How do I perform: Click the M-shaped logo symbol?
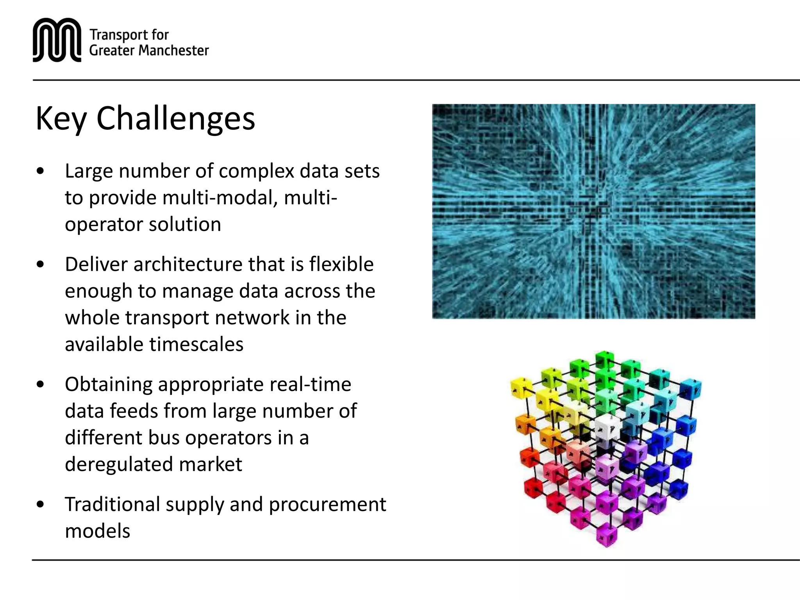(x=57, y=40)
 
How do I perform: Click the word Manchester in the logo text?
(x=173, y=50)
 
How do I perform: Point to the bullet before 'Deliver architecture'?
(x=40, y=264)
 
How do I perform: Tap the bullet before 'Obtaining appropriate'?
(x=40, y=384)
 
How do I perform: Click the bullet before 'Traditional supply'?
(x=40, y=504)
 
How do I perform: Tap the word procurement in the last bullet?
(x=327, y=504)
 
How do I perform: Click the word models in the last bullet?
(x=97, y=531)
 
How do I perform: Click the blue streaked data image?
(x=593, y=211)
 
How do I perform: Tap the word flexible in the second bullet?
(x=341, y=264)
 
